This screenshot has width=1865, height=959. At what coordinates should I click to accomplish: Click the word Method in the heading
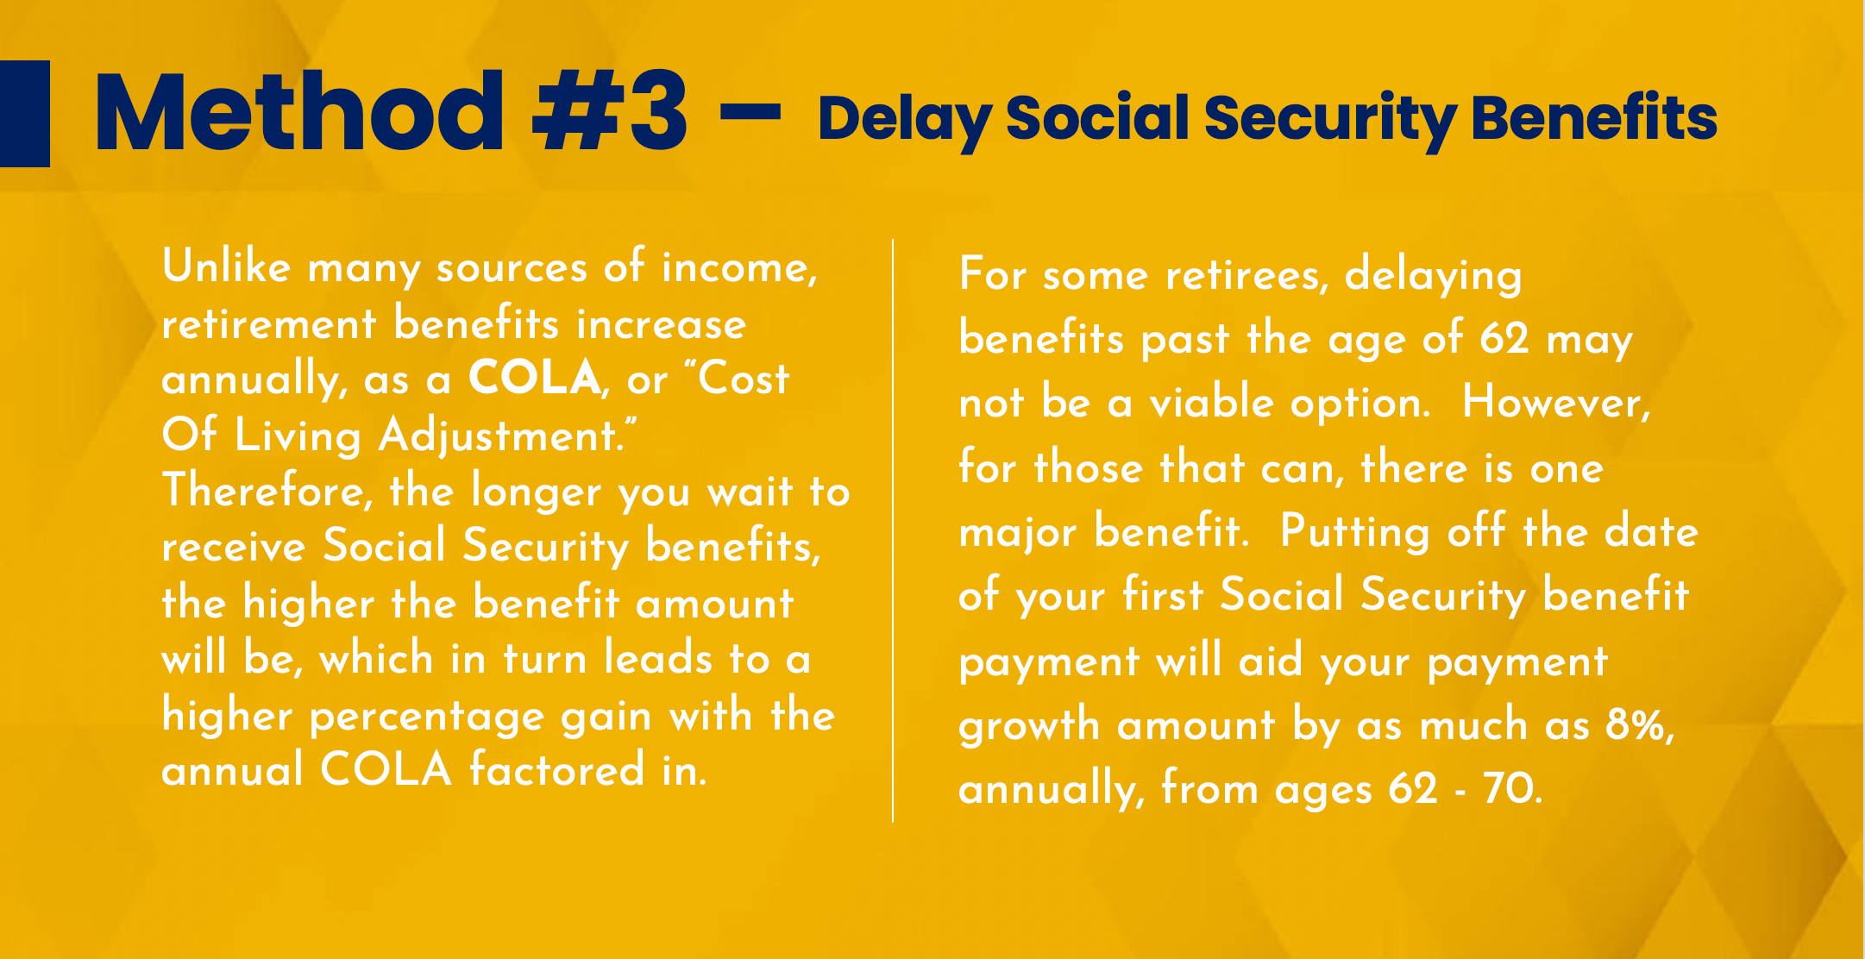298,114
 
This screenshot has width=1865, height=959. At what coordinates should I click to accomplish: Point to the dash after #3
750,111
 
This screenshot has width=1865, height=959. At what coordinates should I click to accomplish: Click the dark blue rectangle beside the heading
24,113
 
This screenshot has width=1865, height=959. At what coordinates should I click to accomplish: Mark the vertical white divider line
893,530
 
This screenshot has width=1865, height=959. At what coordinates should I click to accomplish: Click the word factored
556,770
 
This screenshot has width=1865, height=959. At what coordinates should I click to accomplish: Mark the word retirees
1246,275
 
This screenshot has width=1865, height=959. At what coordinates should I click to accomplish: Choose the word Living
298,436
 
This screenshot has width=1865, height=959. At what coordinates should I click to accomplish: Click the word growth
1029,725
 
